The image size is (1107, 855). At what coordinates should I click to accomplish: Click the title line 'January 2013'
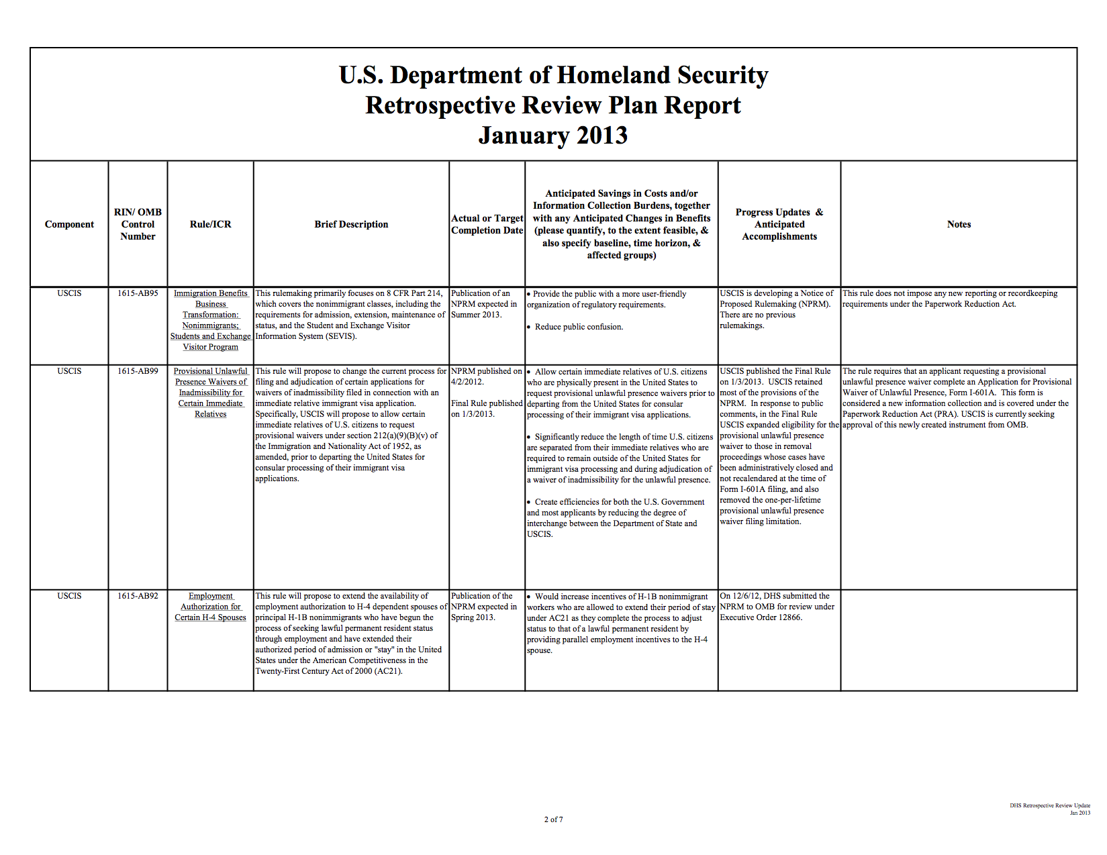553,136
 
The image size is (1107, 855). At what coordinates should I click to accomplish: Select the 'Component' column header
69,224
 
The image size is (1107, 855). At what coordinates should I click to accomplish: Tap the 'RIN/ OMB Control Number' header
138,224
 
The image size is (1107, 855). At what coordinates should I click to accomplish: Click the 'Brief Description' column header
351,224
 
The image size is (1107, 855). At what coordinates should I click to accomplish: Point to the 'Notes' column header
959,224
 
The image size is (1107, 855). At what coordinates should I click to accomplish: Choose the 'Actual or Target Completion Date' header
487,224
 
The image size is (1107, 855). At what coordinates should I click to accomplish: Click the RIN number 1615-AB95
138,293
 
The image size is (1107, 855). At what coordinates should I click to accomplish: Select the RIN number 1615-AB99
138,371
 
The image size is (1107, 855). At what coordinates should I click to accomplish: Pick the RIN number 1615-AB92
138,596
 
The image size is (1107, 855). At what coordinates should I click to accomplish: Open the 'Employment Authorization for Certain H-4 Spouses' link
210,607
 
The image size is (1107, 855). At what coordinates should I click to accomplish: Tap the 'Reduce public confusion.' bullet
579,327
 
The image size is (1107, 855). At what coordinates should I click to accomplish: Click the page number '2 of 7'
553,819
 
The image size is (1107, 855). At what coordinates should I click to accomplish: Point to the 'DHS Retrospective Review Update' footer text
1050,805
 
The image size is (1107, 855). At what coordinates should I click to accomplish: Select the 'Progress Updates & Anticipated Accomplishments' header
779,224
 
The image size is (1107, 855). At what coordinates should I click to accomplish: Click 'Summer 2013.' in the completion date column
476,315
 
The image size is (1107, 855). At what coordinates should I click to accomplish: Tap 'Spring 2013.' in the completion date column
473,617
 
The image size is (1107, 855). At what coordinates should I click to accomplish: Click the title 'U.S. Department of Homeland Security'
553,75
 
